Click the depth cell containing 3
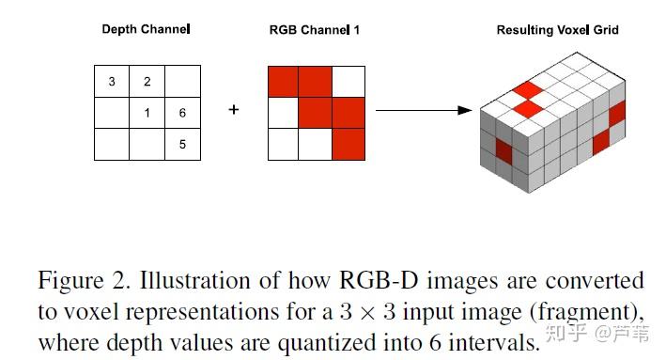pos(112,82)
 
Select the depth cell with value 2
pos(147,82)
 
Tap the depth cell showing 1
pos(147,114)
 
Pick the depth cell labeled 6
pos(182,114)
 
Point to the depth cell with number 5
pos(182,145)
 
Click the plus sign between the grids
pos(234,110)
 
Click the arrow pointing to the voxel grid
pos(423,110)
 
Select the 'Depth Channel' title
pos(146,30)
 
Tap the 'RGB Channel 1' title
pos(315,30)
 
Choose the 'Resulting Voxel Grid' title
pos(557,30)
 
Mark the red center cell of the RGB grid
pos(316,114)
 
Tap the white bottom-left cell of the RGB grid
pos(283,145)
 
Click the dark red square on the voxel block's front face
pos(503,151)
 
